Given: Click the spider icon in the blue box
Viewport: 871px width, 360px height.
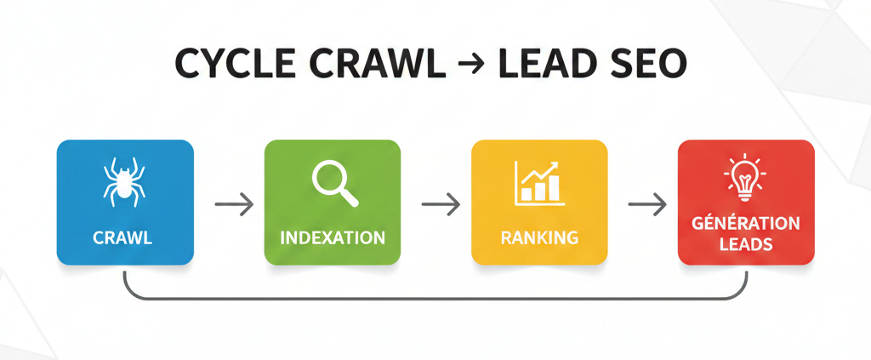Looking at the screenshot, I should point(125,181).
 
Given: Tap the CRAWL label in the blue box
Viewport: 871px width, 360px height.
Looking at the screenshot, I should point(125,238).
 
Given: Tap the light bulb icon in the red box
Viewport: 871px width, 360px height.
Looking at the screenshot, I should point(745,176).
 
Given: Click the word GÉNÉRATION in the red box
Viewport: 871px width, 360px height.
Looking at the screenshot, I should point(746,224).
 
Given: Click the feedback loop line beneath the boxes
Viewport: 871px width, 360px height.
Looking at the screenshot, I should point(435,299).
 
